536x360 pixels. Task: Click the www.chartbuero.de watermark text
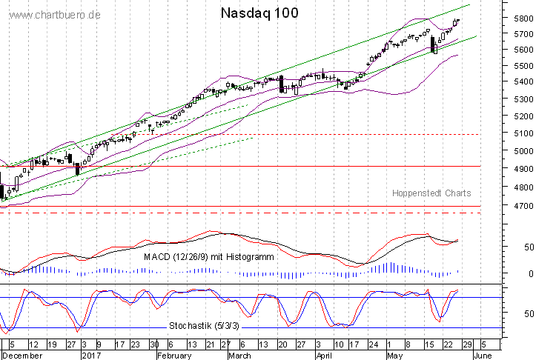(x=50, y=15)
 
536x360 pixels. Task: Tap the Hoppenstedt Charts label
(x=431, y=193)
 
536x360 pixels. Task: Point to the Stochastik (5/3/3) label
(x=204, y=326)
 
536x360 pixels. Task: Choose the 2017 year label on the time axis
(x=90, y=355)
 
